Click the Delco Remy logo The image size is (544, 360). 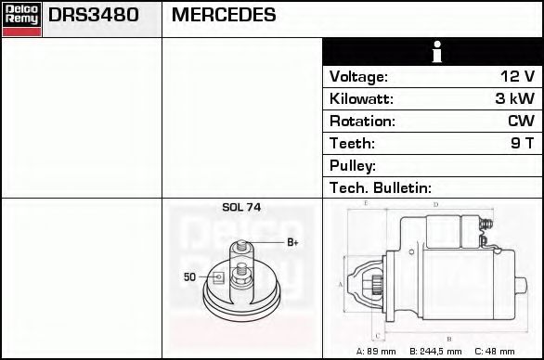point(22,19)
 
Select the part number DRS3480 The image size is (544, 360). point(94,15)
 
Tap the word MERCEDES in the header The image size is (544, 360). point(224,15)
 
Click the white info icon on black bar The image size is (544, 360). point(437,52)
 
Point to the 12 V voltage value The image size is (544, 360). point(518,76)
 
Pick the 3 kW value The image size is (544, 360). point(515,98)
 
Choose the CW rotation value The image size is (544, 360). point(522,121)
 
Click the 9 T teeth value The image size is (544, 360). point(523,143)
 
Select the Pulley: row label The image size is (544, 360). point(353,166)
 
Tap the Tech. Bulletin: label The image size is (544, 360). point(381,188)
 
